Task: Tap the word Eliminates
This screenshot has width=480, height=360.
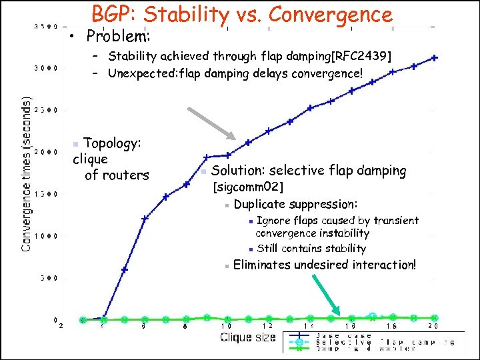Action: (x=264, y=265)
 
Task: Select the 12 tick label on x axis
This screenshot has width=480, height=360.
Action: (x=267, y=326)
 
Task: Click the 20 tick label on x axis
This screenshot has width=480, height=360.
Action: (x=434, y=326)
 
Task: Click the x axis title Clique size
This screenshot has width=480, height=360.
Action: (x=247, y=337)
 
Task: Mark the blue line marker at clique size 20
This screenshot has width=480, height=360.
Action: (x=435, y=58)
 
